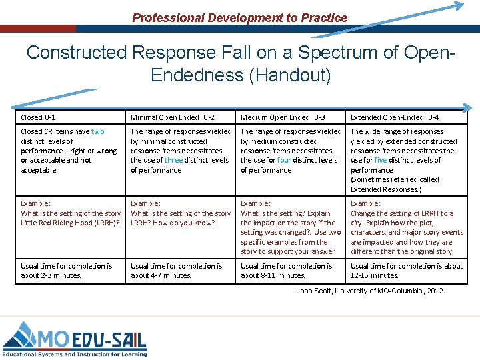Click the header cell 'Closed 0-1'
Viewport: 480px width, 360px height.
(37, 117)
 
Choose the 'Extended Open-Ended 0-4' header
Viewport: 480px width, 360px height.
(395, 117)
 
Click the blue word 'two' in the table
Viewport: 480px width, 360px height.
(97, 132)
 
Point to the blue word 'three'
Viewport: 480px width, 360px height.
(173, 160)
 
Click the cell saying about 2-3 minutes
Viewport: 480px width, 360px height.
(67, 271)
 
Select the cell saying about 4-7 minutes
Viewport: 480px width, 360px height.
(177, 271)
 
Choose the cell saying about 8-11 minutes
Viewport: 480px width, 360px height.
(287, 271)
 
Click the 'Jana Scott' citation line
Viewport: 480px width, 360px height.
(370, 291)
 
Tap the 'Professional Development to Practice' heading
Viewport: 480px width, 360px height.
(240, 18)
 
